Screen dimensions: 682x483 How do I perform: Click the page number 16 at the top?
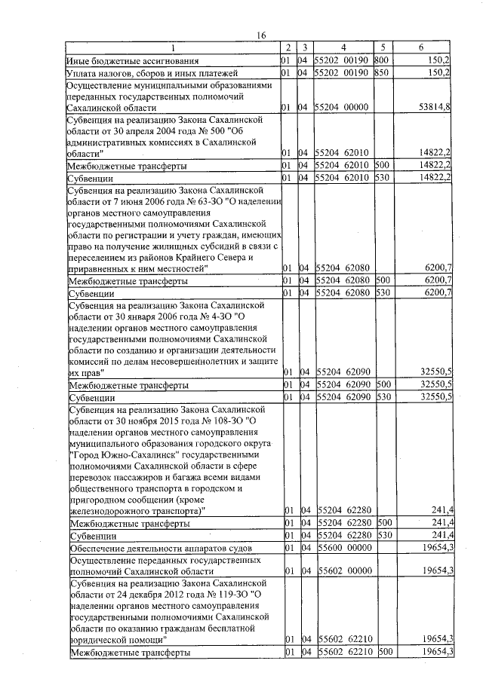pyautogui.click(x=262, y=35)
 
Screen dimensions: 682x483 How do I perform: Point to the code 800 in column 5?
pyautogui.click(x=380, y=60)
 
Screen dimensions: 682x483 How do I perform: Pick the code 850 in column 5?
pyautogui.click(x=380, y=73)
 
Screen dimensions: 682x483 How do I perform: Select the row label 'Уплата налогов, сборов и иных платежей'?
pyautogui.click(x=152, y=73)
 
